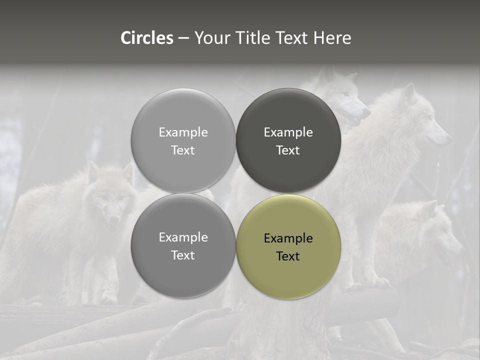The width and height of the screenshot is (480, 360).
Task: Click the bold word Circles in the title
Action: pos(147,38)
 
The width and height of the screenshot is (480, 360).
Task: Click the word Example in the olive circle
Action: pos(288,238)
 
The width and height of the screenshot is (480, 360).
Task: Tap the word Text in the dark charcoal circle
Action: pos(288,150)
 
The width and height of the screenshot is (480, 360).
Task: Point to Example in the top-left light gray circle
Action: pos(183,132)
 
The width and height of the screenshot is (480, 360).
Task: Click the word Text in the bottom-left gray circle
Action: pos(183,255)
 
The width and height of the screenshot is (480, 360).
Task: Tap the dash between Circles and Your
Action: pos(183,38)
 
